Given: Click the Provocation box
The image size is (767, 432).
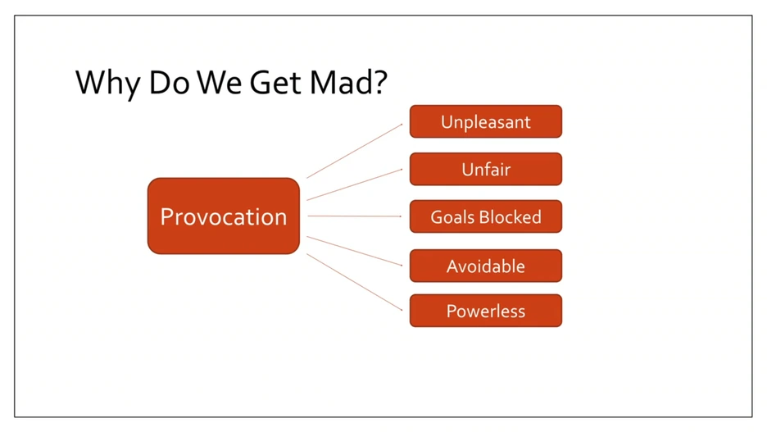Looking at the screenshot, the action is pos(223,216).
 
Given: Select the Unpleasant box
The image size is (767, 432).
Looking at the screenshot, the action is pos(485,122).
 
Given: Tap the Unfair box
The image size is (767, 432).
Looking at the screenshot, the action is pos(485,170).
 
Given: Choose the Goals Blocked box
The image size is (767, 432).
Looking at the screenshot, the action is pos(485,217).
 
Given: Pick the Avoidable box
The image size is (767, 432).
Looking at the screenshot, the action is pos(485,266).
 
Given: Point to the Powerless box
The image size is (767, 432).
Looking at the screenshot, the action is pos(485,311).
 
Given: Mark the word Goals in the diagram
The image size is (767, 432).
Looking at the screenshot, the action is pos(453,217).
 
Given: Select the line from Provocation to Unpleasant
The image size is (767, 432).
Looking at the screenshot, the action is pos(355,151).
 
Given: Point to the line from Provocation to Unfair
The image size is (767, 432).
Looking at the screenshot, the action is pos(355,184).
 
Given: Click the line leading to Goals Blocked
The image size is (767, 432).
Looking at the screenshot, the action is pos(355,216).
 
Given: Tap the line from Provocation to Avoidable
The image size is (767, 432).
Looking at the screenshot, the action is pos(355,251).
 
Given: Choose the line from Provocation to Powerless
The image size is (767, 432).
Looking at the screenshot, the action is pos(355,282).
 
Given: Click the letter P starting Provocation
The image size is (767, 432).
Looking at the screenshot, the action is pos(167,216).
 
